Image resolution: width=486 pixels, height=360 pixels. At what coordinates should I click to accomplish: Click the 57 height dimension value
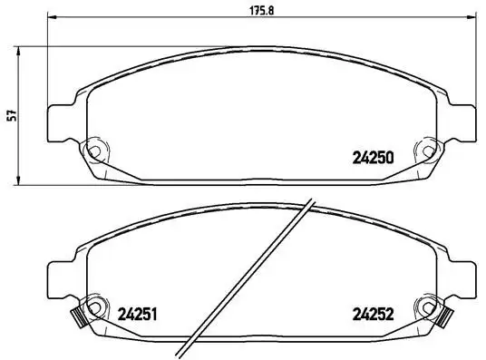[x=12, y=116]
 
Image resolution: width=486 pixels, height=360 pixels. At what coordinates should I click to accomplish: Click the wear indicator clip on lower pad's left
[x=76, y=317]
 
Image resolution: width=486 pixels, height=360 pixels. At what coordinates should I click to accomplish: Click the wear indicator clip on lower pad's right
[x=444, y=317]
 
